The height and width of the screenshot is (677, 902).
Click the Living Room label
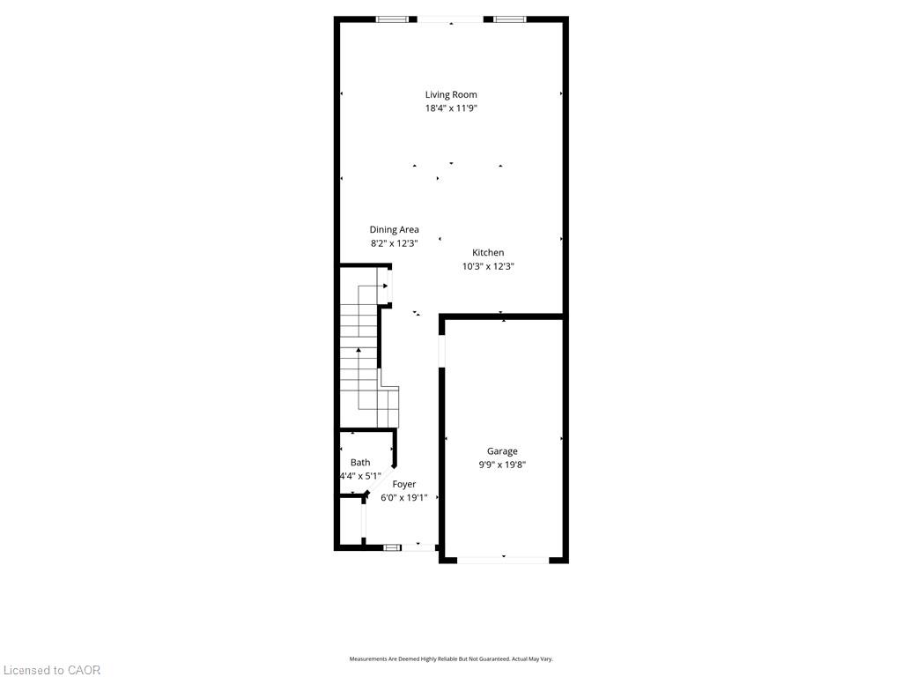pyautogui.click(x=451, y=95)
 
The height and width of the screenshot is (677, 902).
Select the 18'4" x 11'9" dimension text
pyautogui.click(x=451, y=108)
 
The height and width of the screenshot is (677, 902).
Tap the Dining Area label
pyautogui.click(x=394, y=230)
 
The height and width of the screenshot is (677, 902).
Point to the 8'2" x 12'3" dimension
pyautogui.click(x=394, y=243)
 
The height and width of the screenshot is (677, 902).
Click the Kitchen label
pyautogui.click(x=488, y=253)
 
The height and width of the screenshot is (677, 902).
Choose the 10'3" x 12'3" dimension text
pyautogui.click(x=488, y=266)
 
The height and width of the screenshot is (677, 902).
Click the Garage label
pyautogui.click(x=502, y=451)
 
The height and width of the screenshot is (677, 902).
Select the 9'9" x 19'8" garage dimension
pyautogui.click(x=502, y=465)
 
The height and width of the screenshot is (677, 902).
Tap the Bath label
pyautogui.click(x=360, y=462)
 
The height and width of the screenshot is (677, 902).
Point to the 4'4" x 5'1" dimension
pyautogui.click(x=360, y=476)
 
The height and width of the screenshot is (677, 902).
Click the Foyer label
pyautogui.click(x=403, y=484)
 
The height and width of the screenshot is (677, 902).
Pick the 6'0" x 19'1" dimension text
pyautogui.click(x=403, y=498)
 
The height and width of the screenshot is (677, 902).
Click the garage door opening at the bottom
pyautogui.click(x=503, y=560)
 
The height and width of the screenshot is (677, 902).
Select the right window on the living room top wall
pyautogui.click(x=510, y=19)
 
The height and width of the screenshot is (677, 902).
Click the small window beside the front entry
pyautogui.click(x=392, y=547)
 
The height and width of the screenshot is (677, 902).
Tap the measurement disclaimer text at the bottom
pyautogui.click(x=451, y=659)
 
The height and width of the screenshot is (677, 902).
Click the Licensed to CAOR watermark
pyautogui.click(x=52, y=670)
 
